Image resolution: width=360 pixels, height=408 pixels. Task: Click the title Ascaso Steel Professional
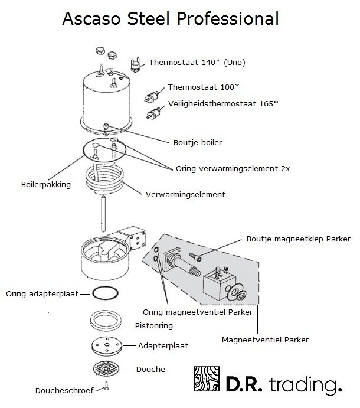tap(170, 19)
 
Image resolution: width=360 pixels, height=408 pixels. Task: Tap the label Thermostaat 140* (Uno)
tap(197, 62)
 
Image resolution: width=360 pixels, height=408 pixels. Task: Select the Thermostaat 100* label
tap(203, 87)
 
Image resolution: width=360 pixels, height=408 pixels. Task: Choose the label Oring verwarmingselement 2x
tap(233, 168)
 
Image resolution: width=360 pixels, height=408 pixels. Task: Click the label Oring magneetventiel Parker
tap(198, 311)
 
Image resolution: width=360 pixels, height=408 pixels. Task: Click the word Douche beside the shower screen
tap(150, 370)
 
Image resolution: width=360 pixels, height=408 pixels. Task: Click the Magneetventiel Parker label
tap(265, 340)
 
